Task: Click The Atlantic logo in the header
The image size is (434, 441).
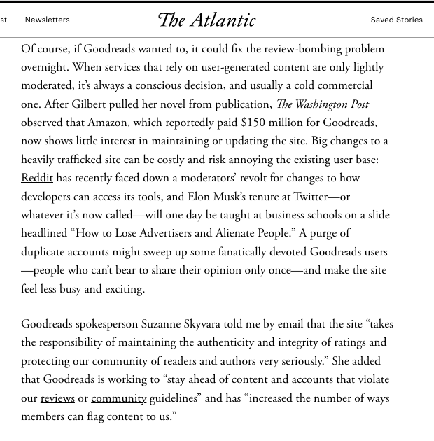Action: tap(206, 20)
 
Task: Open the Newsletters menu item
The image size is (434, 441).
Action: tap(47, 20)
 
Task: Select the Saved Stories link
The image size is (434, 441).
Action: tap(396, 20)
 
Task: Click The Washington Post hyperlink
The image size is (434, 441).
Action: tap(322, 104)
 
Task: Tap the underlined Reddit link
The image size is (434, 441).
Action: tap(37, 178)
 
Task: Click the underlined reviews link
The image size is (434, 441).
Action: tap(57, 398)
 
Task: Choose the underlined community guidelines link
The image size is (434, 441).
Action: tap(118, 398)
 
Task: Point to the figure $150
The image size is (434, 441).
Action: tap(253, 122)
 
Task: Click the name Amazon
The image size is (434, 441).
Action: tap(107, 122)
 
